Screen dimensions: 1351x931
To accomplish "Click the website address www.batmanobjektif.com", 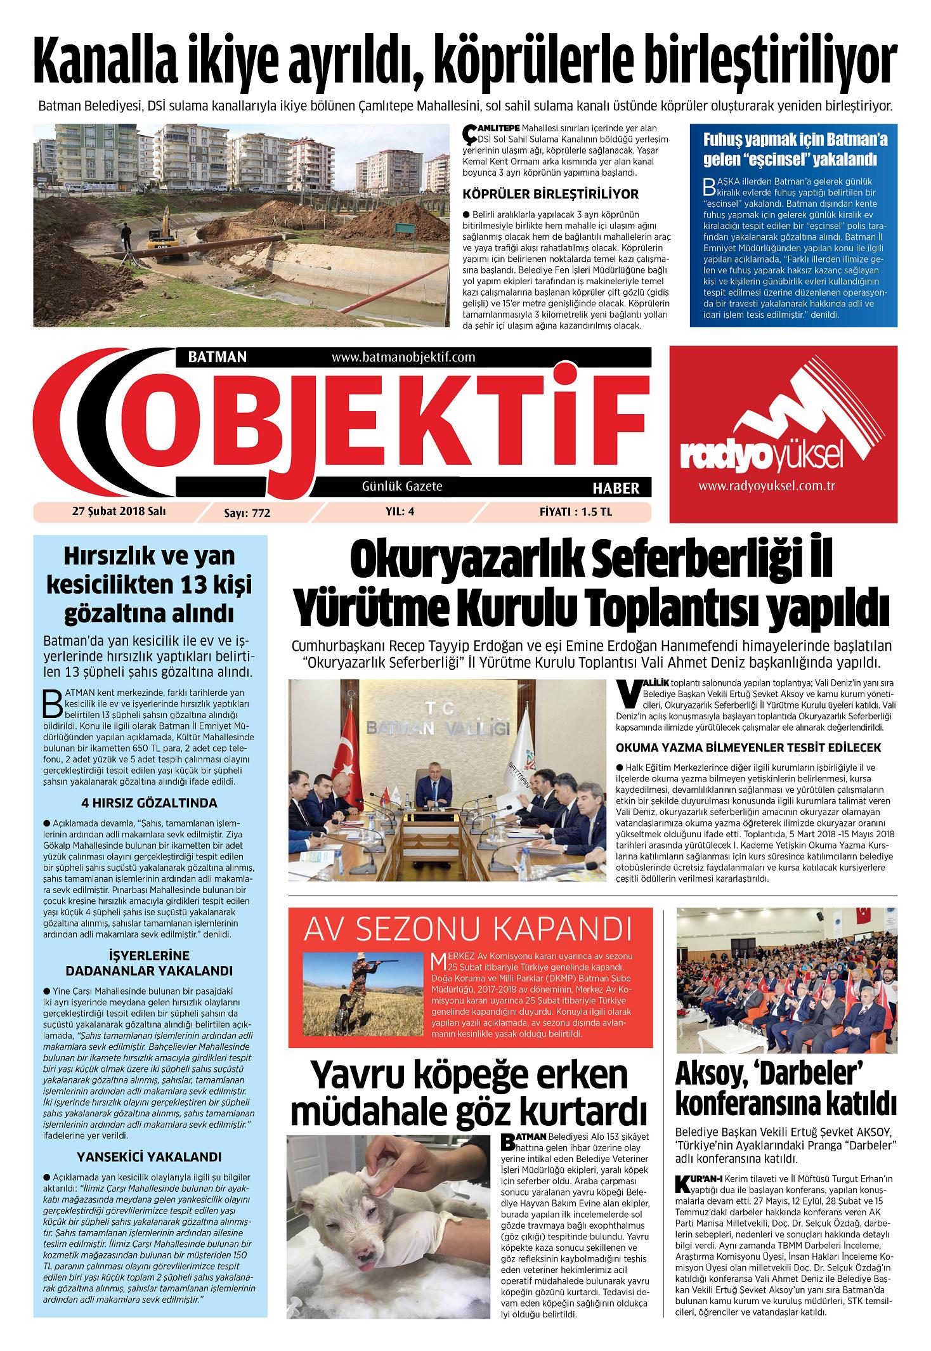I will click(403, 357).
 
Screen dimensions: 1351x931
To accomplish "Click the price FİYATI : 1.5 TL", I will click(575, 512).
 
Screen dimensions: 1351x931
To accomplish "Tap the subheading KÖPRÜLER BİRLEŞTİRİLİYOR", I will click(550, 194).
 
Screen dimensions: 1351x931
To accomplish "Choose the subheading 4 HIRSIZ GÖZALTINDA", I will click(150, 803).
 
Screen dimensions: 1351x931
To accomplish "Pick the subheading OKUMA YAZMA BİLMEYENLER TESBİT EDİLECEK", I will click(748, 748).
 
